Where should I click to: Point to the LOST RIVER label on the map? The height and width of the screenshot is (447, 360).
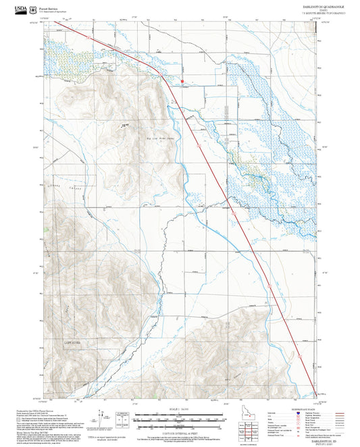pos(74,343)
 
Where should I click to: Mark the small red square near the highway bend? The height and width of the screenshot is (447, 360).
pos(182,82)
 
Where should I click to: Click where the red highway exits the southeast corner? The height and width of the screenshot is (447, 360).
pos(317,392)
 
